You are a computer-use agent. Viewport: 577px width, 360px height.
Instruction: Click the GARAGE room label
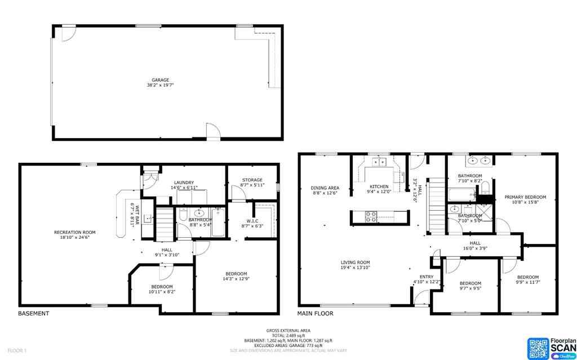pos(160,80)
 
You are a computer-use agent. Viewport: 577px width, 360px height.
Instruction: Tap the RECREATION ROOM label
pos(75,232)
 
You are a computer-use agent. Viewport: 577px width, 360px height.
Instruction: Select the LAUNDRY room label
pos(184,183)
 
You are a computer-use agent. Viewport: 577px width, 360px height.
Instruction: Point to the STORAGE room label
pos(252,180)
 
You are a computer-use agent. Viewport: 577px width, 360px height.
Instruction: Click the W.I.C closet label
pos(252,220)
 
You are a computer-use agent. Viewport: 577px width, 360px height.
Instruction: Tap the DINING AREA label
pos(325,188)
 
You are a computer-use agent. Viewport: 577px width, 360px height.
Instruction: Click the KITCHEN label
pos(379,186)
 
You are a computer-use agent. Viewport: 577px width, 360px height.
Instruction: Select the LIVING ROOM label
pos(355,262)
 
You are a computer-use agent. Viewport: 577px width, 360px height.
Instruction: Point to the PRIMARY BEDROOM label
pos(525,197)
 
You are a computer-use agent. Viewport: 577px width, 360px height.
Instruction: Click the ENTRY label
pos(427,276)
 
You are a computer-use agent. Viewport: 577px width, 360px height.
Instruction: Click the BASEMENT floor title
pos(33,313)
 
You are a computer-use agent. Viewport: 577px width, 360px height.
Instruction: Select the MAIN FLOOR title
pos(315,313)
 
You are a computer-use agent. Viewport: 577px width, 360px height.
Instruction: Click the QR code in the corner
pos(538,347)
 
